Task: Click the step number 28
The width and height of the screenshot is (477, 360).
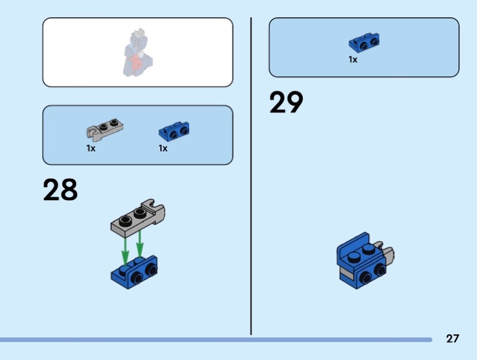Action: (60, 190)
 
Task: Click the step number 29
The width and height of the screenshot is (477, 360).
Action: (286, 103)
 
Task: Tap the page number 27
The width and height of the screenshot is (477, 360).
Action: (453, 339)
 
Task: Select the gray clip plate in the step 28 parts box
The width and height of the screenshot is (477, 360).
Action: (104, 128)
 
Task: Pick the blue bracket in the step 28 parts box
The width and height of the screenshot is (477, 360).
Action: (174, 130)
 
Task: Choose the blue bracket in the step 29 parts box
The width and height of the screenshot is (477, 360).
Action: (364, 42)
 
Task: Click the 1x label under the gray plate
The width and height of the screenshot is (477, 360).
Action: (91, 148)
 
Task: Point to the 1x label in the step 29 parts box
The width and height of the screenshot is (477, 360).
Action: (353, 60)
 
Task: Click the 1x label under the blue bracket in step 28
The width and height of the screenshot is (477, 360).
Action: (163, 148)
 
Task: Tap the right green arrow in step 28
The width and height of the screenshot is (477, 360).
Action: (140, 245)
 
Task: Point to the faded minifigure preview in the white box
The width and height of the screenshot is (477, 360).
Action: (137, 54)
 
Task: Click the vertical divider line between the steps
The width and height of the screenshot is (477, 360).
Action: (251, 179)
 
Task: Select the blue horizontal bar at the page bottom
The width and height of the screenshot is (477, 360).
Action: (215, 340)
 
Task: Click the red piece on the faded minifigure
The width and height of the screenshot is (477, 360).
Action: (138, 62)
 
